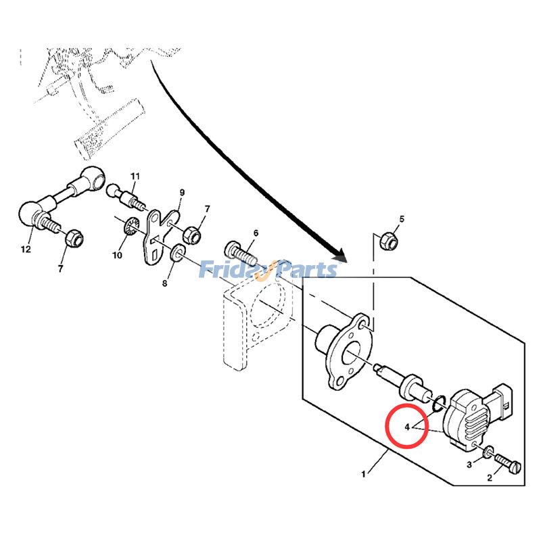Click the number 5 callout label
401,219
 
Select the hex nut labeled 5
389,239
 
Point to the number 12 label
26,250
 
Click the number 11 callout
134,177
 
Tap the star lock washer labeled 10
128,229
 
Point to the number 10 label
117,255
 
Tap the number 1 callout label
363,474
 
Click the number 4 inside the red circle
407,427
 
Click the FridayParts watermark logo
268,270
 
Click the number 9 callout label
181,193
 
